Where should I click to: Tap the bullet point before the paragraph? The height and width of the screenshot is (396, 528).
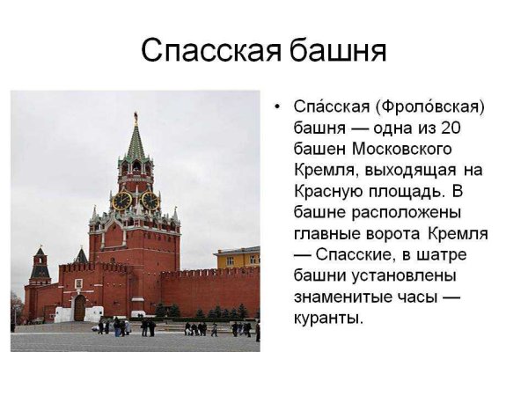coord(277,108)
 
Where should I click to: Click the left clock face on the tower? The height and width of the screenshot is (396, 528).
coord(121,201)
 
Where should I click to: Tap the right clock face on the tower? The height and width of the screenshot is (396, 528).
coord(150,201)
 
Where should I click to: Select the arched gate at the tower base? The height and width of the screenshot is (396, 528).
coord(80,307)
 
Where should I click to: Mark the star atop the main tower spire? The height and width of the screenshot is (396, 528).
coord(136,115)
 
